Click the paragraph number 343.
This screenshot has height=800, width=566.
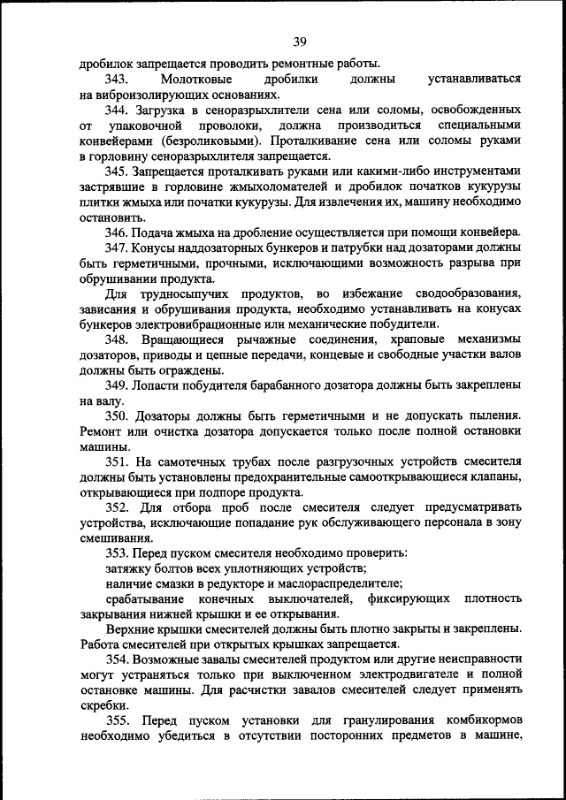[118, 79]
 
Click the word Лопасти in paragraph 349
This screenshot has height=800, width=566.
[158, 385]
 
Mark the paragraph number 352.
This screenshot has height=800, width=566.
[118, 507]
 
